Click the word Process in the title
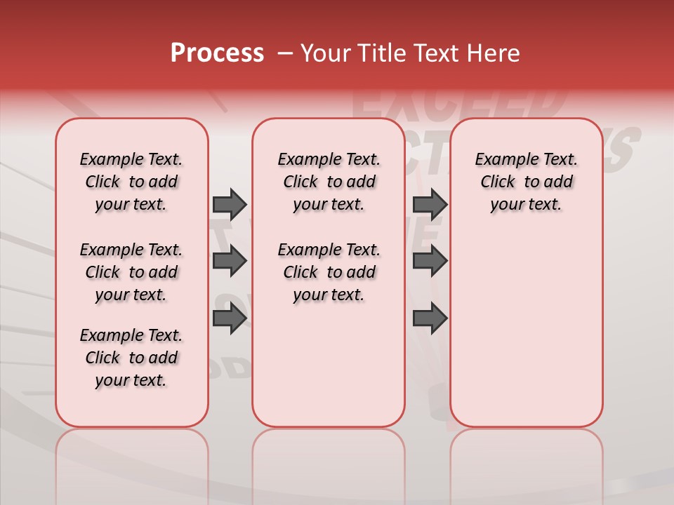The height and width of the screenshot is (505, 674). pyautogui.click(x=217, y=53)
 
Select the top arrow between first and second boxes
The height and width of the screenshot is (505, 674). pyautogui.click(x=230, y=204)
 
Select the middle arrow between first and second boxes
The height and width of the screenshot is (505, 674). pyautogui.click(x=230, y=261)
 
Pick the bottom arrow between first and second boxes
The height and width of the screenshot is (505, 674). pyautogui.click(x=230, y=318)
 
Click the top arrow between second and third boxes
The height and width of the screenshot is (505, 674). pyautogui.click(x=430, y=204)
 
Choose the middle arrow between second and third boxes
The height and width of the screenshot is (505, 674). pyautogui.click(x=430, y=261)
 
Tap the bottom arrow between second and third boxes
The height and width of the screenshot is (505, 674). pyautogui.click(x=430, y=318)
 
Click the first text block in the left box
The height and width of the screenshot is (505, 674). pyautogui.click(x=131, y=182)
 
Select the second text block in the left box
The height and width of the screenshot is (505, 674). pyautogui.click(x=131, y=272)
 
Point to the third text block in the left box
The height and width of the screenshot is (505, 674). pyautogui.click(x=131, y=358)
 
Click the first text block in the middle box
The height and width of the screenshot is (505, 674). pyautogui.click(x=329, y=182)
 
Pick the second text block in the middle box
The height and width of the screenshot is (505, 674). pyautogui.click(x=329, y=272)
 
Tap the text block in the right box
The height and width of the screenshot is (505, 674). pyautogui.click(x=526, y=182)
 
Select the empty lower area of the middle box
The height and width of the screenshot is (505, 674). pyautogui.click(x=329, y=365)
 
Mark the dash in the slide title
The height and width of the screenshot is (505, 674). pyautogui.click(x=285, y=53)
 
